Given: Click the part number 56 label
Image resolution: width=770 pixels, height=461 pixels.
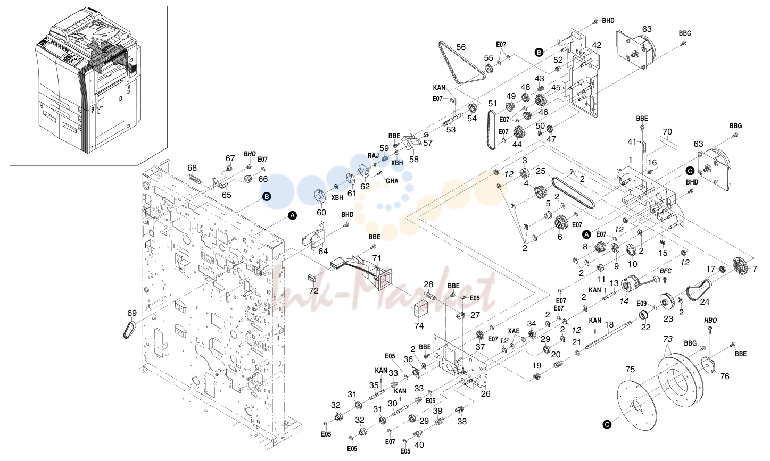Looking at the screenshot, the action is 461,47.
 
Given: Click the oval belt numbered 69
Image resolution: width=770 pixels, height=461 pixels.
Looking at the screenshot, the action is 130,330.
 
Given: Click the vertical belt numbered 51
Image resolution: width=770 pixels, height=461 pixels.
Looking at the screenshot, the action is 492,130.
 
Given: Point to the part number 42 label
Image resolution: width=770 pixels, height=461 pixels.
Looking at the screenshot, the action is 597,45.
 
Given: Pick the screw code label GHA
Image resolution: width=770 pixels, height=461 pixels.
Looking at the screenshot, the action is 392,181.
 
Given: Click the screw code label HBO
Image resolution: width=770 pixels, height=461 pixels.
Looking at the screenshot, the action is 710,320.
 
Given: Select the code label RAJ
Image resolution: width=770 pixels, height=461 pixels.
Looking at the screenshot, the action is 373,156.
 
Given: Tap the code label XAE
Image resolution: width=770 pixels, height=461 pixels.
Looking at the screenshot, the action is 514,331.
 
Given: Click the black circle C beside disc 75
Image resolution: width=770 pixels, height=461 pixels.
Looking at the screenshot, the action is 607,425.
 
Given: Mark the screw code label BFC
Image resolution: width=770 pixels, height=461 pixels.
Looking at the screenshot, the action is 666,271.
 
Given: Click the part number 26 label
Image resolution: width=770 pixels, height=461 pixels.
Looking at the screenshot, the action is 485,393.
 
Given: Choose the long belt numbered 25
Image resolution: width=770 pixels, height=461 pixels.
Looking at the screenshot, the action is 573,192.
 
